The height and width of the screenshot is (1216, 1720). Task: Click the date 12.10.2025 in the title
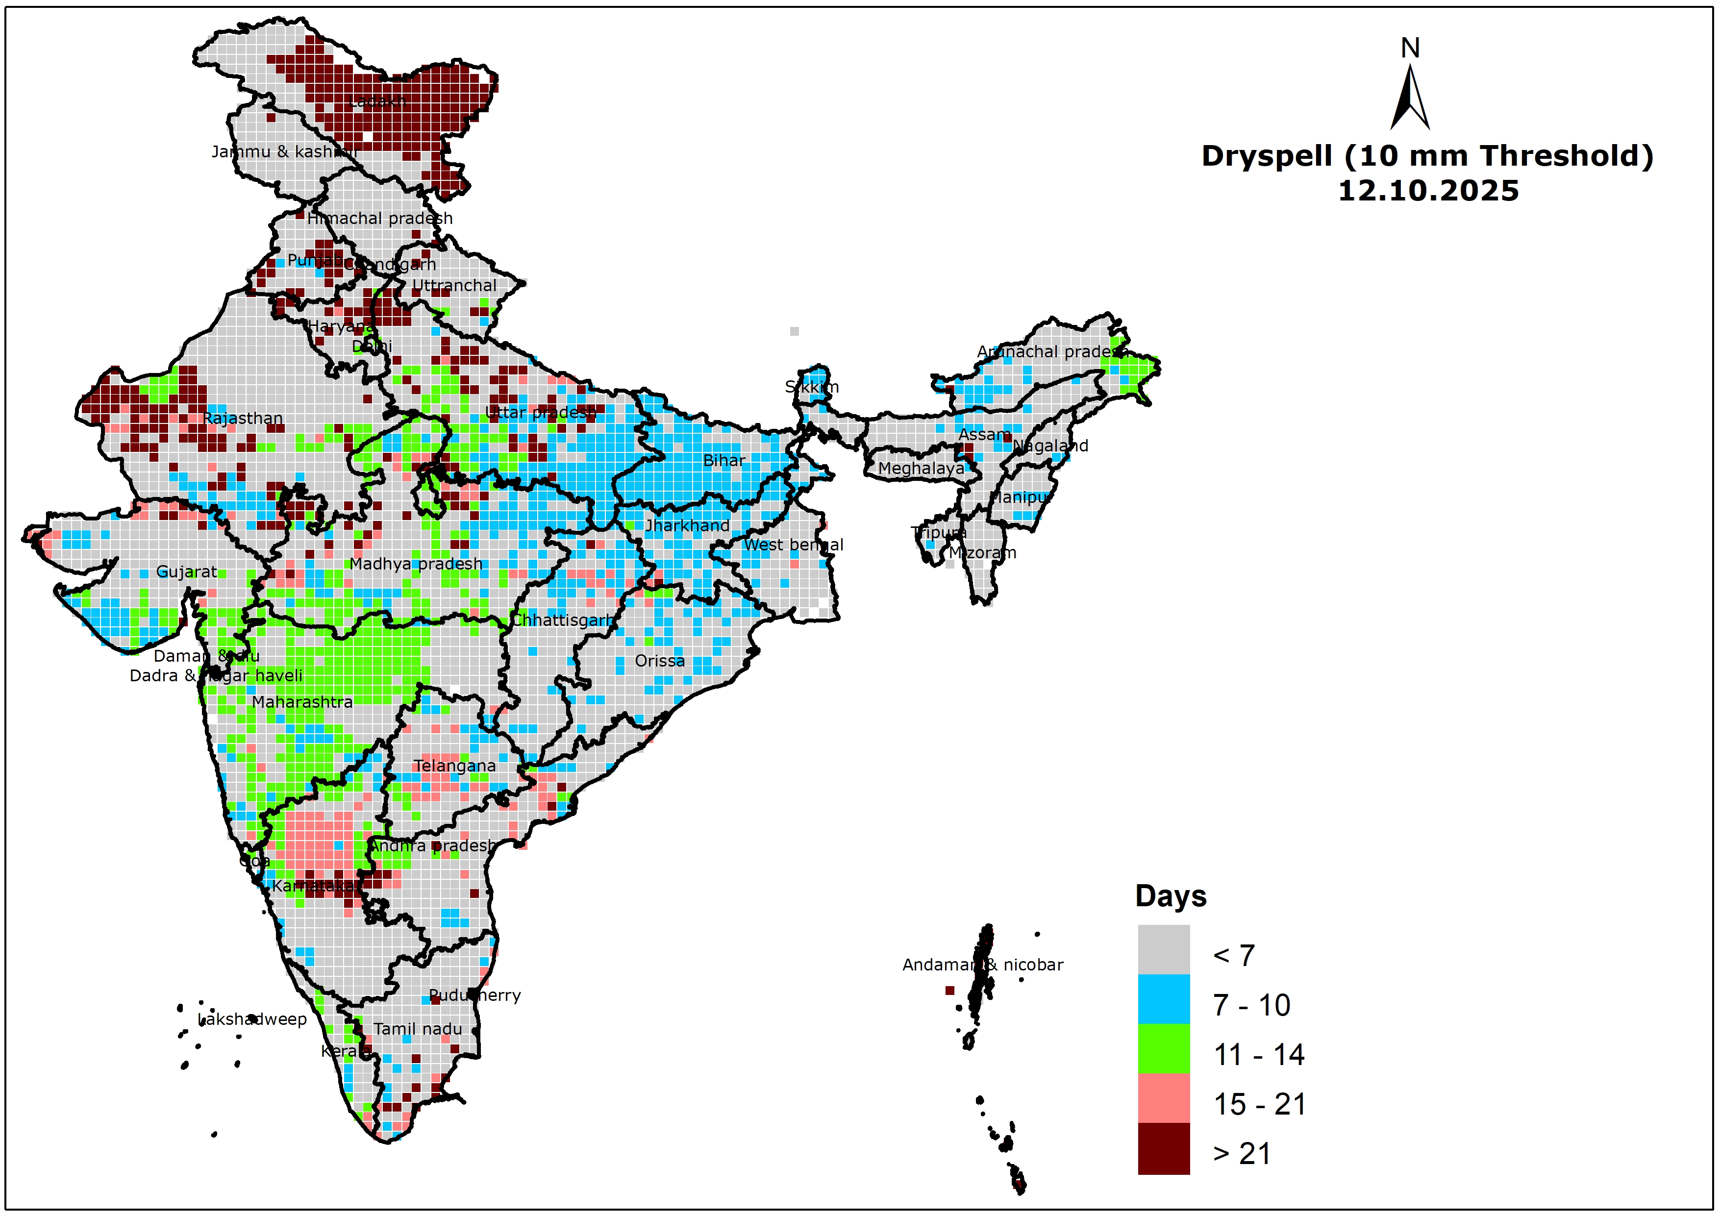[x=1428, y=191]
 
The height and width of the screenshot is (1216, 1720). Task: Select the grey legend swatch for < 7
[x=1163, y=949]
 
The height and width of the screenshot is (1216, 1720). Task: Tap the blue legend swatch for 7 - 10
[x=1163, y=999]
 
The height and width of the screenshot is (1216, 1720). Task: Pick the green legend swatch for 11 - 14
[x=1163, y=1048]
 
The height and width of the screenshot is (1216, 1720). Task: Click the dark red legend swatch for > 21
[x=1163, y=1148]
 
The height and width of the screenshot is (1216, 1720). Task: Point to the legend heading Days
[x=1171, y=896]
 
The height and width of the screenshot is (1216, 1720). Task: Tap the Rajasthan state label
[x=243, y=418]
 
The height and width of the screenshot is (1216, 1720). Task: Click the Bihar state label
[x=723, y=460]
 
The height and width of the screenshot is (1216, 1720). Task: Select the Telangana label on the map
[x=455, y=766]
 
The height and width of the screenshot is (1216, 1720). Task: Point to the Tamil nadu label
[x=418, y=1029]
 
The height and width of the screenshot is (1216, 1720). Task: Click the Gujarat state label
[x=187, y=571]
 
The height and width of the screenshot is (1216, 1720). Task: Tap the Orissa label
[x=659, y=661]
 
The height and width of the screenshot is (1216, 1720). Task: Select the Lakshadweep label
[x=252, y=1019]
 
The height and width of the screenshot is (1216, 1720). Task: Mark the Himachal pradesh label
[x=380, y=218]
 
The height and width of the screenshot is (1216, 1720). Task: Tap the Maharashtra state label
[x=302, y=702]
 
